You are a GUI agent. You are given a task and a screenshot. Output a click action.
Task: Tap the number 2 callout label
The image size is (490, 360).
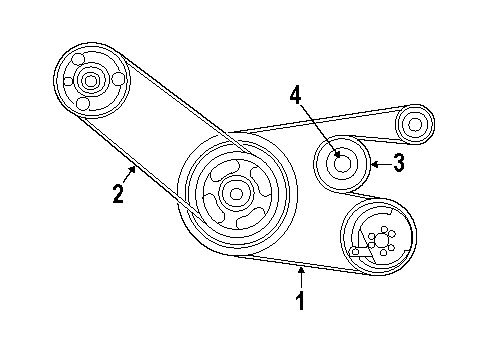[118, 193]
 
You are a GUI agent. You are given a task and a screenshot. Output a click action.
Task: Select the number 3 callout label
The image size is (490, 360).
[398, 163]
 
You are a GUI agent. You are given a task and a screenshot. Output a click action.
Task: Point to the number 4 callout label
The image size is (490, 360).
[295, 95]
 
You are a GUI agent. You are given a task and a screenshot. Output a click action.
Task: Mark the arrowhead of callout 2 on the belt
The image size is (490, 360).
[133, 167]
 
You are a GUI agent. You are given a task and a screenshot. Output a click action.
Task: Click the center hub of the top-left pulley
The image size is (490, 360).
[92, 80]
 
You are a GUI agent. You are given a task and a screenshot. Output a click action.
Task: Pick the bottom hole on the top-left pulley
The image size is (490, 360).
[82, 103]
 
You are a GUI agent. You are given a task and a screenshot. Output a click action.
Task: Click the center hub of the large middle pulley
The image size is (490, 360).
[235, 193]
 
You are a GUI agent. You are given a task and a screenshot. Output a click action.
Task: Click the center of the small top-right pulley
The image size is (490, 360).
[414, 126]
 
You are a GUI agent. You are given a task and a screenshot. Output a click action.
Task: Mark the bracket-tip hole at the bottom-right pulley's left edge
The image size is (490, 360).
[355, 251]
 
